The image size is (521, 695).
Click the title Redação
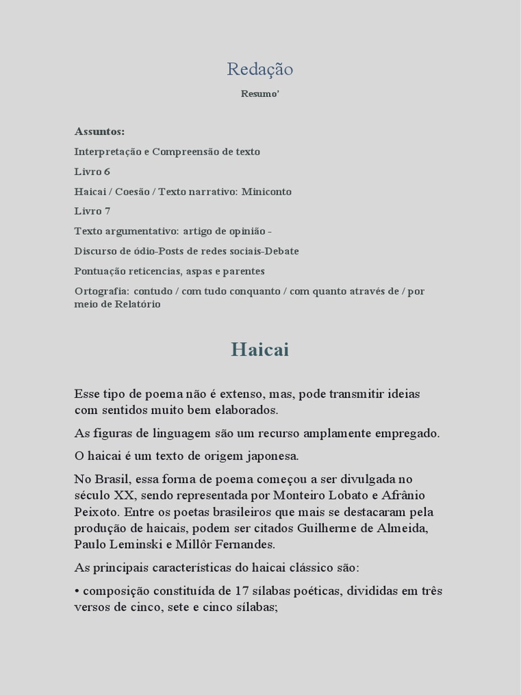(260, 69)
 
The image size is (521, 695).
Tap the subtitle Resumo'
(260, 94)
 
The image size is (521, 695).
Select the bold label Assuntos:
(100, 131)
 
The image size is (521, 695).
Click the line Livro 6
(92, 172)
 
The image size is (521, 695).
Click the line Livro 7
(92, 211)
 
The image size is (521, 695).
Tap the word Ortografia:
(102, 291)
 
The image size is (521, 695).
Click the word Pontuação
(99, 271)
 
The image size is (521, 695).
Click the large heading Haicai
(260, 350)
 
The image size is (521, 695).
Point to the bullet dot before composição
(77, 590)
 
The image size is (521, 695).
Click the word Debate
(282, 251)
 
